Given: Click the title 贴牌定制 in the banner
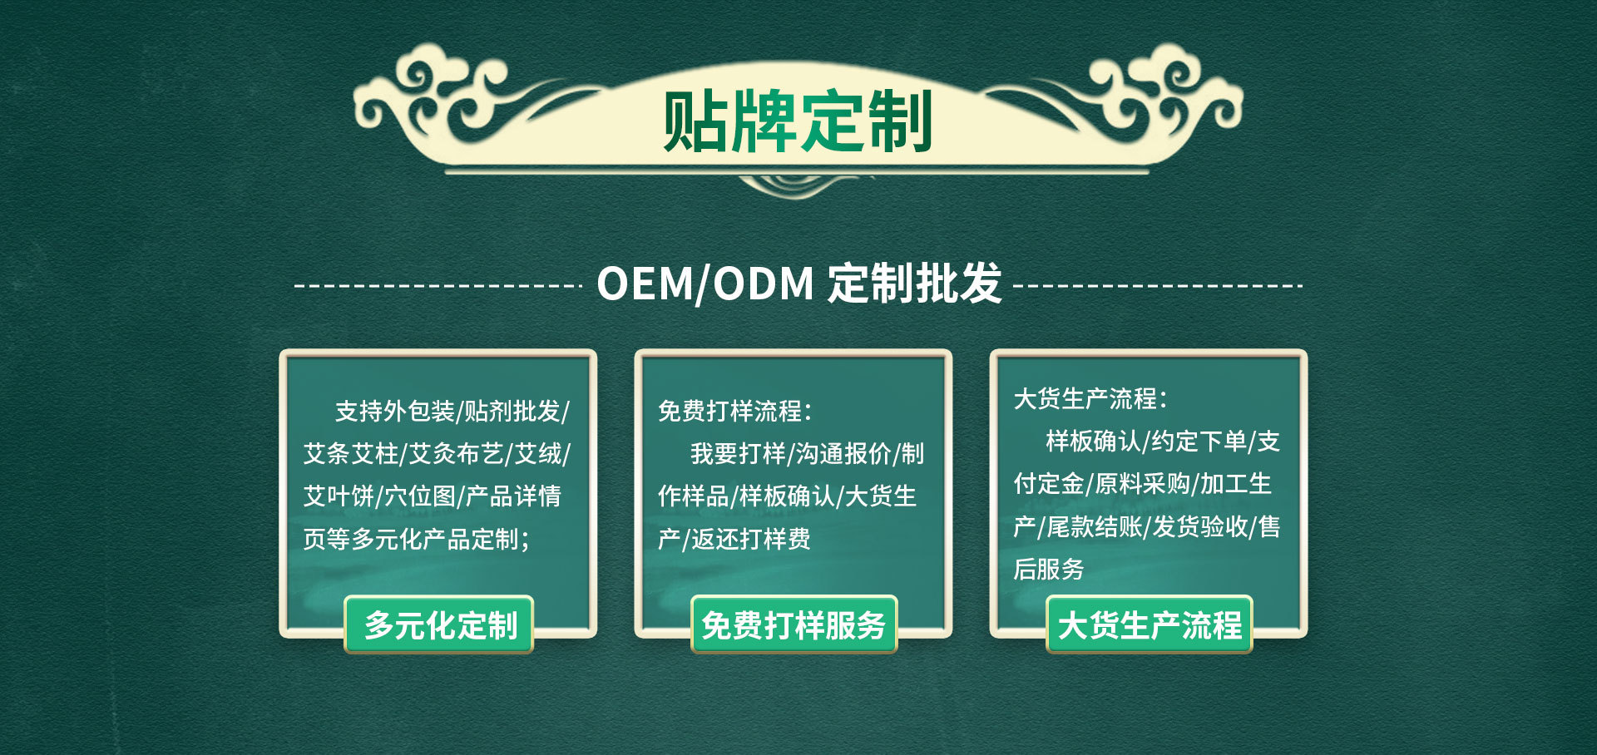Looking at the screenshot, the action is (x=798, y=121).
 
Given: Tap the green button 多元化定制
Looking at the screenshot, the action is (x=439, y=624).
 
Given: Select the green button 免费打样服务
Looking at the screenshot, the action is (x=794, y=624).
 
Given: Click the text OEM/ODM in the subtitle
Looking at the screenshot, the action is (x=705, y=284).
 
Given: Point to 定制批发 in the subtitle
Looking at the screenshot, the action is (x=915, y=284).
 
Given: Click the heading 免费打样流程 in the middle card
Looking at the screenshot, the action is (x=729, y=411).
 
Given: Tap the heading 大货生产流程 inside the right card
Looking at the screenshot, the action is (x=1085, y=398).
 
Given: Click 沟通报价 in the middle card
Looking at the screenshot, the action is (x=843, y=453).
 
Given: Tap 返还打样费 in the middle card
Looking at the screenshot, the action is (x=751, y=539).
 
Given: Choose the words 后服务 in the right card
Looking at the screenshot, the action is (x=1049, y=569).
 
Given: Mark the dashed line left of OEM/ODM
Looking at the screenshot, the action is (x=438, y=286).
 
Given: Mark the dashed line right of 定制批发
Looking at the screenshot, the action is (x=1159, y=286).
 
